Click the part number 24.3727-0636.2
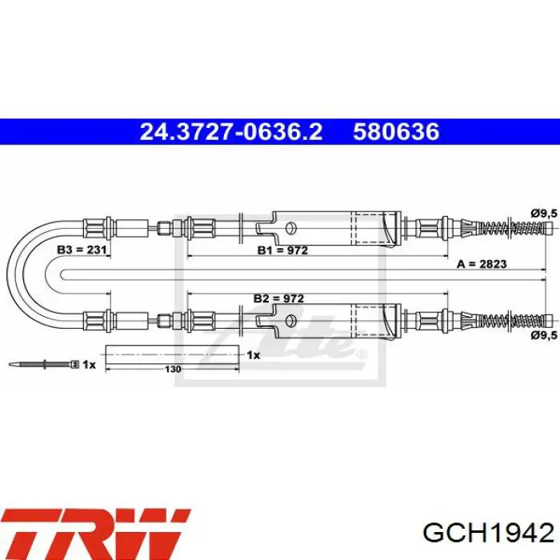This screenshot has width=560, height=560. pyautogui.click(x=231, y=132)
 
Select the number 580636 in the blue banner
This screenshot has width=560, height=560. pyautogui.click(x=396, y=132)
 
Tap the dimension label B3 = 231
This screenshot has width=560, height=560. pyautogui.click(x=82, y=250)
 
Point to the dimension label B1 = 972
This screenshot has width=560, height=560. pyautogui.click(x=282, y=250)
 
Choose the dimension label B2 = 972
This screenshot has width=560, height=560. pyautogui.click(x=278, y=298)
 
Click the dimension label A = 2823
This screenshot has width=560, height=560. pyautogui.click(x=482, y=264)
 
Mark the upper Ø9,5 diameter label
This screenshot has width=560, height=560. pyautogui.click(x=544, y=214)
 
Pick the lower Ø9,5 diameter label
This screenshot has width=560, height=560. pyautogui.click(x=544, y=335)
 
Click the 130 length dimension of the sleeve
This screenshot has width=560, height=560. pyautogui.click(x=173, y=369)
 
